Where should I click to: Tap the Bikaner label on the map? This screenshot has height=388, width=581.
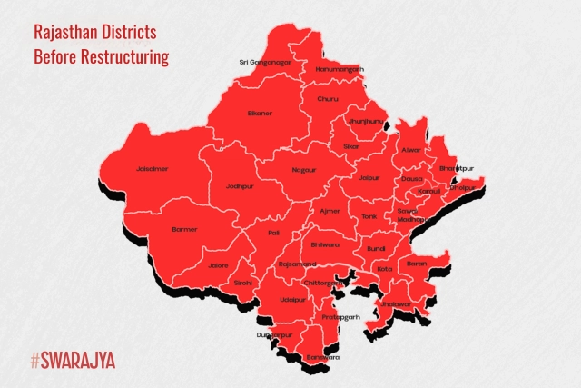[x=260, y=114]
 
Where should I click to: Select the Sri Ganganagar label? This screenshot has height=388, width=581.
[x=265, y=62]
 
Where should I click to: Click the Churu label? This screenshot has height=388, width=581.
[x=328, y=98]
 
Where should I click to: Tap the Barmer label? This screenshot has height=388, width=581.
[x=184, y=229]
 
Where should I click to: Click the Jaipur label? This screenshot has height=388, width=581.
[x=368, y=179]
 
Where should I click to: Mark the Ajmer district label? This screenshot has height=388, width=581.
[x=330, y=211]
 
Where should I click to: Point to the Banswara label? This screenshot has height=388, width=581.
[x=322, y=357]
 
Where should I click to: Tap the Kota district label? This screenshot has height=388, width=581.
[x=385, y=269]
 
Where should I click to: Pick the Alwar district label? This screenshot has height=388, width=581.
[x=410, y=149]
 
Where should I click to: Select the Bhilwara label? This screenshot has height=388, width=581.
[x=324, y=245]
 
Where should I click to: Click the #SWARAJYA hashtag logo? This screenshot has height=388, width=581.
[x=73, y=361]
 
